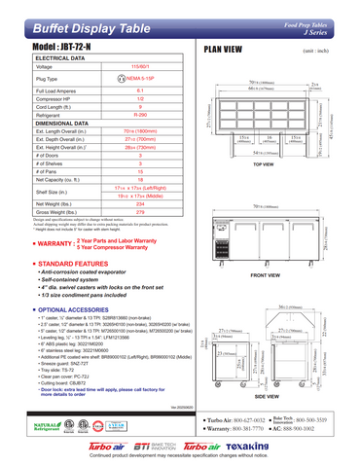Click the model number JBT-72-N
[64, 47]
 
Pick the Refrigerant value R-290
[139, 114]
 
